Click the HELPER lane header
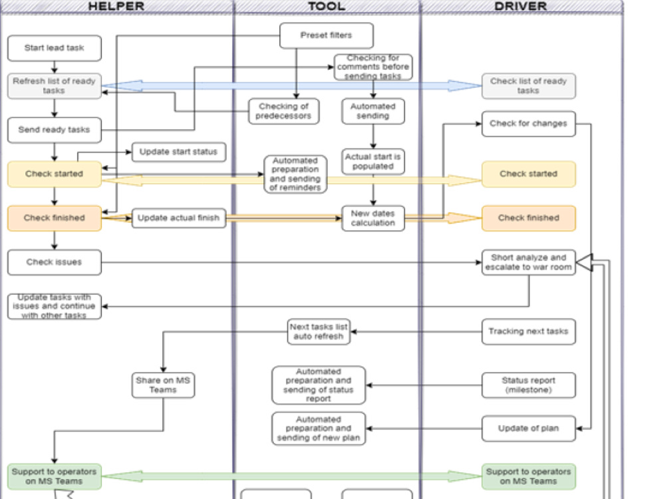click(x=116, y=7)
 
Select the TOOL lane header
click(x=327, y=7)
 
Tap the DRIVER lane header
click(x=521, y=7)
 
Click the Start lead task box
click(x=55, y=48)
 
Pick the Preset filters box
click(x=326, y=35)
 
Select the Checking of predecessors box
click(x=284, y=111)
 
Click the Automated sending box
click(x=372, y=111)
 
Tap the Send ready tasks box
click(x=55, y=130)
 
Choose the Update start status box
click(x=178, y=152)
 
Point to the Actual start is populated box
click(x=372, y=162)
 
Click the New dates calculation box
click(x=372, y=218)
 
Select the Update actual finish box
click(x=178, y=218)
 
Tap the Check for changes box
click(x=529, y=124)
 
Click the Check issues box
click(x=55, y=262)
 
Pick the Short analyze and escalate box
click(x=529, y=262)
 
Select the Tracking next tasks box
click(x=529, y=331)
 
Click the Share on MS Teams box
click(x=164, y=385)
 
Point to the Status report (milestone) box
click(x=529, y=385)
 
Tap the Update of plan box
click(x=529, y=428)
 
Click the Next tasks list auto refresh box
click(x=319, y=331)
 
